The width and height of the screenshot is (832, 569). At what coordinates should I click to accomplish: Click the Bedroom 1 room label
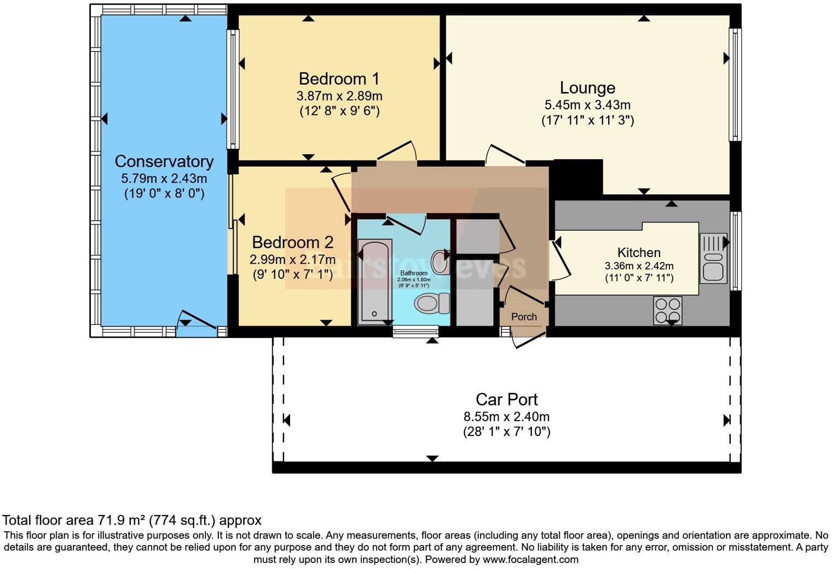coord(339,79)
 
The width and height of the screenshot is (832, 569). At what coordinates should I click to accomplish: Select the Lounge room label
coord(587,88)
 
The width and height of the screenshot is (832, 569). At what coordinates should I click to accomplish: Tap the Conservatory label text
coord(164,161)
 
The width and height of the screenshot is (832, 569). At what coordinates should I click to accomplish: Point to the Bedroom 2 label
coord(292,242)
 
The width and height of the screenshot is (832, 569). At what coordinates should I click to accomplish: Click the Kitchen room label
coord(639,252)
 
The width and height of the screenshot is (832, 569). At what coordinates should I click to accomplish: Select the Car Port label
coord(506,399)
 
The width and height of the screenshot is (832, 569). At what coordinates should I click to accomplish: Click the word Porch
coord(524,317)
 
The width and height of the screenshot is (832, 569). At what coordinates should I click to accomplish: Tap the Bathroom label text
coord(413,273)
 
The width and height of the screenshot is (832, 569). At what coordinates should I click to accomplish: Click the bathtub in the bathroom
coord(375,281)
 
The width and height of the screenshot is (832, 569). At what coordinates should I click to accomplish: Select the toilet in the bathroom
coord(431,303)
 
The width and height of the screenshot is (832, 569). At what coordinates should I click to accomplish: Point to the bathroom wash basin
coord(440,258)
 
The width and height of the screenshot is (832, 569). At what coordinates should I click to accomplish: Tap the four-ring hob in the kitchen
coord(667,310)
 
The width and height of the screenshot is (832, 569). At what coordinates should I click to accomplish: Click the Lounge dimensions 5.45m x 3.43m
coord(587,104)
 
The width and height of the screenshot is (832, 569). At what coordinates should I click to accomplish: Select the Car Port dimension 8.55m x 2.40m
coord(506,416)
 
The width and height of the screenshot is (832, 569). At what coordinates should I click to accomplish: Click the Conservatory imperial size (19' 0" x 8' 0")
coord(164,193)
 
